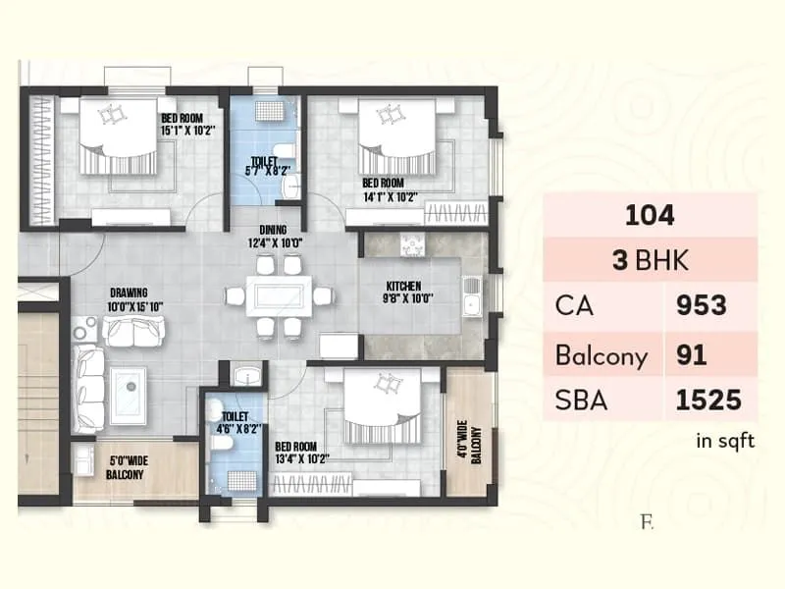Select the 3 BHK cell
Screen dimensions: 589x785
pyautogui.click(x=650, y=260)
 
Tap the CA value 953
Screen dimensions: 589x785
pyautogui.click(x=702, y=305)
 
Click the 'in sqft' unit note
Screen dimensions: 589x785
pyautogui.click(x=725, y=442)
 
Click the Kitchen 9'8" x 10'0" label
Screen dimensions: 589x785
pyautogui.click(x=409, y=293)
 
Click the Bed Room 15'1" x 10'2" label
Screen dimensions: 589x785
pyautogui.click(x=187, y=123)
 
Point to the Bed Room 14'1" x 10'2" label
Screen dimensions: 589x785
pyautogui.click(x=390, y=189)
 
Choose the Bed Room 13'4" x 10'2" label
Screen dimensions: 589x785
pyautogui.click(x=302, y=452)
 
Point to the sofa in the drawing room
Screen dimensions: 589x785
pyautogui.click(x=131, y=334)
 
